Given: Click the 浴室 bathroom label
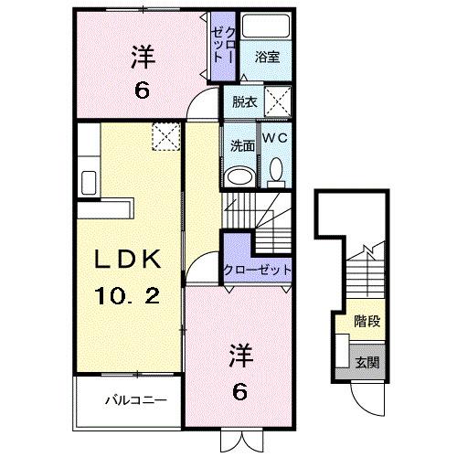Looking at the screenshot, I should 267,57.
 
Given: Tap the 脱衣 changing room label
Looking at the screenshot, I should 243,101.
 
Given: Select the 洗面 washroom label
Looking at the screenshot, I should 240,143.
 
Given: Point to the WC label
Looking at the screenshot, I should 276,137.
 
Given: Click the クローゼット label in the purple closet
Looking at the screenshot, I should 258,271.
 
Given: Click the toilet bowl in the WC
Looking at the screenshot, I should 276,171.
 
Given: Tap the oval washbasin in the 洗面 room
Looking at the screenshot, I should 240,175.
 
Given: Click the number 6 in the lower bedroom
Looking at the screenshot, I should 239,391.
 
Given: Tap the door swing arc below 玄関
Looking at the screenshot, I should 364,394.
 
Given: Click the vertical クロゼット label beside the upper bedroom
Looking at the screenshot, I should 222,42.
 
